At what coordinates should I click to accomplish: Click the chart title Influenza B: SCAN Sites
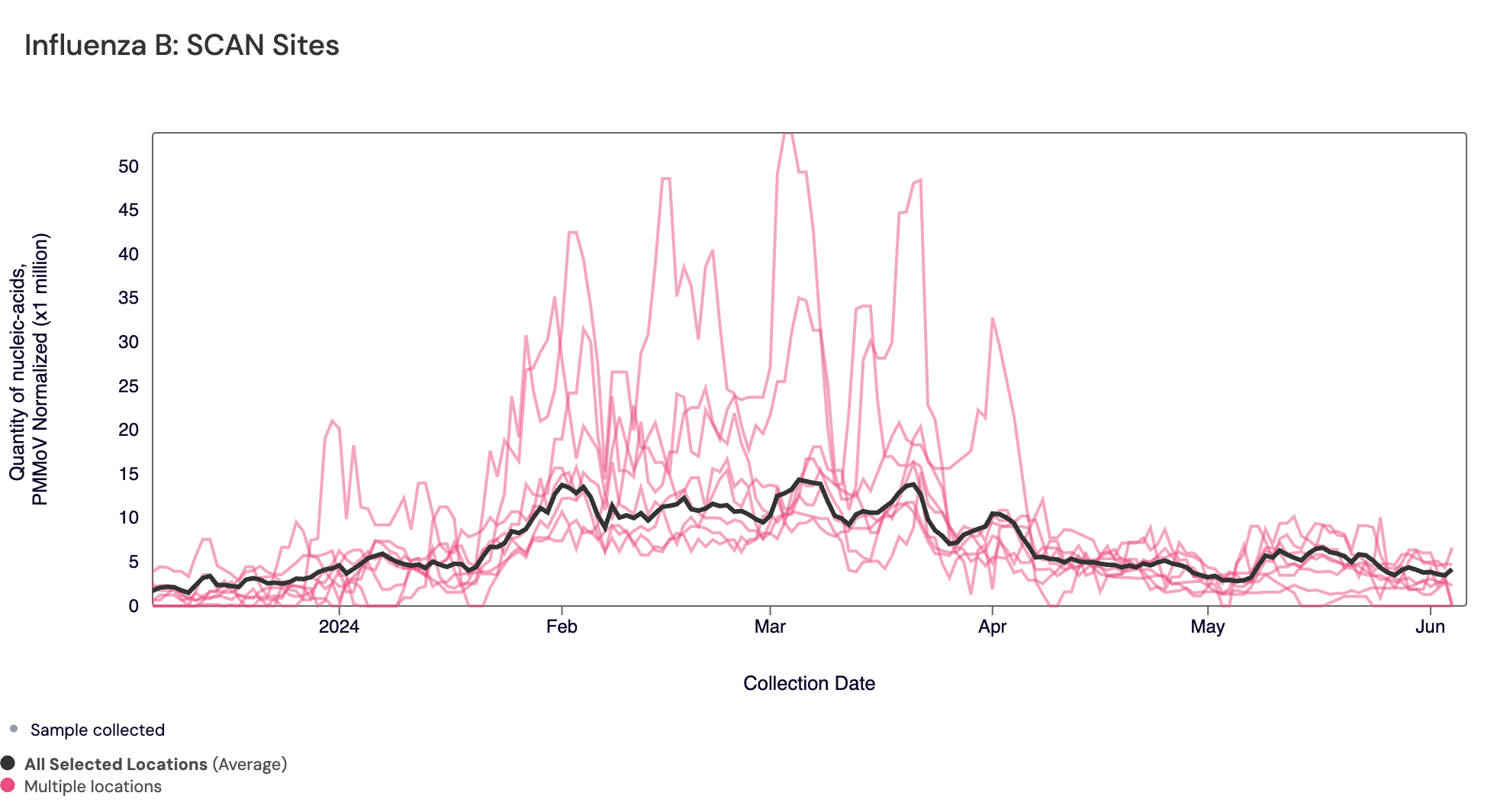(182, 46)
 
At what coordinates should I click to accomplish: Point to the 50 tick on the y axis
(128, 166)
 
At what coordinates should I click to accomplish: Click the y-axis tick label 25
(128, 386)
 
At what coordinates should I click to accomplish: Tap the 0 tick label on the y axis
(134, 606)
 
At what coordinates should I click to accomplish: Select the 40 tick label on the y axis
(128, 254)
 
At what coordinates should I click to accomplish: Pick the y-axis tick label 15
(128, 474)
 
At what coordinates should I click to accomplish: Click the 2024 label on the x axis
(339, 627)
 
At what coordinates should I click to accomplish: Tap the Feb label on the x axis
(562, 627)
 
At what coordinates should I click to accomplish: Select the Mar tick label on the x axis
(770, 627)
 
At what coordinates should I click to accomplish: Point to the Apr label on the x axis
(992, 627)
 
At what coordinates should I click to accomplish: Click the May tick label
(1207, 627)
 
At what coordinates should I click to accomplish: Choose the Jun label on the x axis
(1430, 627)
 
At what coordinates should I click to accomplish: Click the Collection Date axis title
(809, 683)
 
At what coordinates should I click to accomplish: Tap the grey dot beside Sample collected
(14, 729)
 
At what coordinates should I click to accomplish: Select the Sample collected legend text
(97, 730)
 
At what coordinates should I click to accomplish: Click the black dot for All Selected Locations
(8, 763)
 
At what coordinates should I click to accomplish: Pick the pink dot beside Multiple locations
(8, 785)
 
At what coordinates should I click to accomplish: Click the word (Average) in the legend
(250, 764)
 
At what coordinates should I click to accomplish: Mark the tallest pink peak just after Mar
(788, 136)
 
